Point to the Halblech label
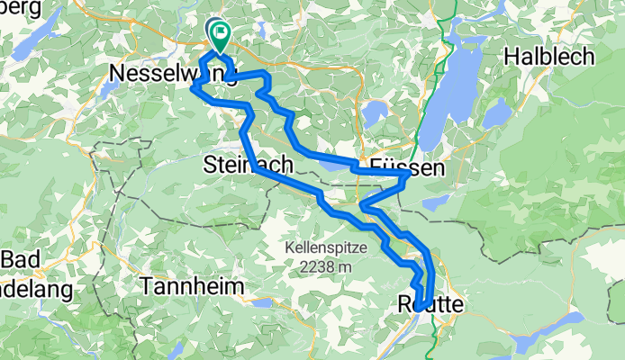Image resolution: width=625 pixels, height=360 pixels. pyautogui.click(x=548, y=56)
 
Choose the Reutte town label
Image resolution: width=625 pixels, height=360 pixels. pyautogui.click(x=430, y=305)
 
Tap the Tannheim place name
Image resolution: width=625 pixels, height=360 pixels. pyautogui.click(x=193, y=285)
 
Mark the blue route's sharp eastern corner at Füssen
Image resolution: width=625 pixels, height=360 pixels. pyautogui.click(x=409, y=176)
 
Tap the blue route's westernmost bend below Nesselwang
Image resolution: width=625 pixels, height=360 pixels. pyautogui.click(x=193, y=87)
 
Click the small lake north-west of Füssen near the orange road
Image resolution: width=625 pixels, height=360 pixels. pyautogui.click(x=375, y=112)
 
